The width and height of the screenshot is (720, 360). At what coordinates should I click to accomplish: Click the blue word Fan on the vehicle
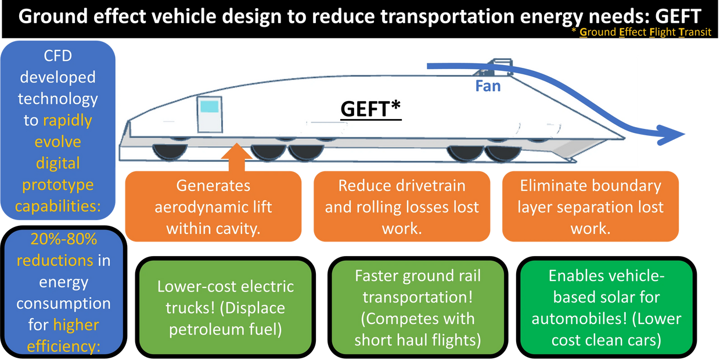488,87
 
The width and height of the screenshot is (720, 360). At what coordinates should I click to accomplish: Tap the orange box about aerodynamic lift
213,207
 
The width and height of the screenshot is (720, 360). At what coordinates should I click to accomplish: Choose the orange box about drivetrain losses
402,207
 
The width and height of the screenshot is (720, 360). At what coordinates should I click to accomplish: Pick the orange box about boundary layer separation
590,207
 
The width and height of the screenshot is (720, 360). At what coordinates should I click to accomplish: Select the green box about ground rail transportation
417,308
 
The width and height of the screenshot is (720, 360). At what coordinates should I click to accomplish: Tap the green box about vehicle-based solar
606,308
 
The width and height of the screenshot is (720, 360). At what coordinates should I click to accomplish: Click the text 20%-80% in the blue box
55,240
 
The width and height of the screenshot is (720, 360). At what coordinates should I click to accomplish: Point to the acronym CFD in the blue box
58,56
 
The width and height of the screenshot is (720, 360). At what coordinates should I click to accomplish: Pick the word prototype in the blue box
57,185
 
